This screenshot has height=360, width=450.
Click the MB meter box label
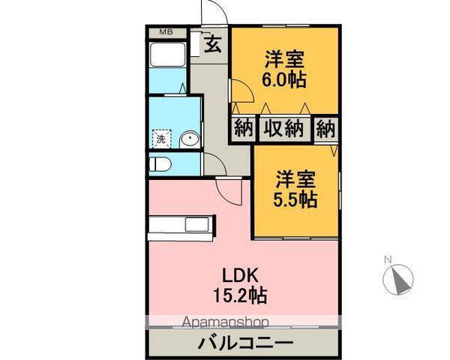[x=165, y=32]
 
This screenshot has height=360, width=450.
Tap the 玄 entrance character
[x=213, y=44]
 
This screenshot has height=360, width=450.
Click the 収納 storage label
[x=283, y=127]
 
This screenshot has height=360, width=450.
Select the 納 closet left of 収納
[x=242, y=127]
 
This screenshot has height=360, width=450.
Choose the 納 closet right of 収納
[x=325, y=127]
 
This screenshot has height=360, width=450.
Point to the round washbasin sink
[x=188, y=138]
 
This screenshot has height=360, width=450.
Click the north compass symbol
[x=398, y=280]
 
